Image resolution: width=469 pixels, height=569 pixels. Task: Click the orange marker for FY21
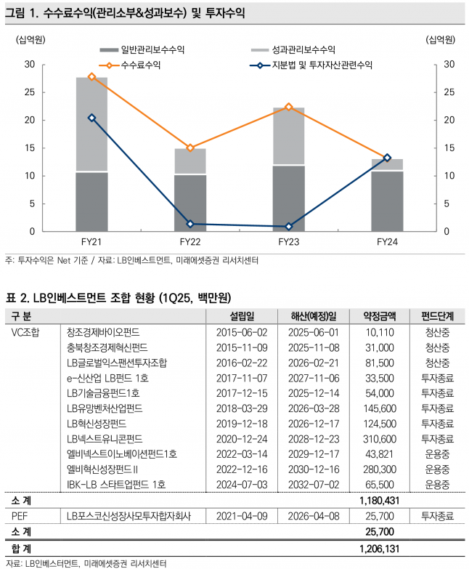[91, 77]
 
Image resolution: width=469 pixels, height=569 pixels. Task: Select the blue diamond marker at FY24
[387, 158]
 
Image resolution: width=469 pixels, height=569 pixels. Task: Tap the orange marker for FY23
[288, 107]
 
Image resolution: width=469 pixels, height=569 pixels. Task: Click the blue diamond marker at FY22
[189, 224]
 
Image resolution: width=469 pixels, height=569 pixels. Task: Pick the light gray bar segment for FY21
[91, 124]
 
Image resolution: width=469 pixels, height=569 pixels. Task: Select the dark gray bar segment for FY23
[288, 198]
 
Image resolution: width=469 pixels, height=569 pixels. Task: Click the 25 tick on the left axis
[30, 92]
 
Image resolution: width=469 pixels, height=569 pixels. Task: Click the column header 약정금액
[379, 316]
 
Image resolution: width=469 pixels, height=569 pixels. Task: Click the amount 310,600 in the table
[379, 439]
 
